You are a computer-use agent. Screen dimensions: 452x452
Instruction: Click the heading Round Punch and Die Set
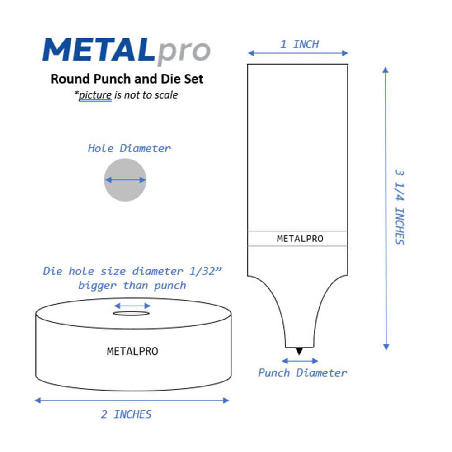(x=127, y=79)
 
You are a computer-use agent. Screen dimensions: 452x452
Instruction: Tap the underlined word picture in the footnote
(x=95, y=95)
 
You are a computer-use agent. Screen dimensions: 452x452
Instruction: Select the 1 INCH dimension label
(x=299, y=44)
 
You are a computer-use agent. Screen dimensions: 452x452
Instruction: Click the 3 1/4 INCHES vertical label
(x=400, y=207)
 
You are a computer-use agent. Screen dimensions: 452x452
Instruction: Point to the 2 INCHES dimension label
(x=126, y=414)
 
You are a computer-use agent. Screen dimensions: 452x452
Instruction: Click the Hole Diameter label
(x=129, y=148)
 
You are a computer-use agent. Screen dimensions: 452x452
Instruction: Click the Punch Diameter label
(x=302, y=373)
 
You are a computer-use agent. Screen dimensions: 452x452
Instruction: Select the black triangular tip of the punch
(x=299, y=351)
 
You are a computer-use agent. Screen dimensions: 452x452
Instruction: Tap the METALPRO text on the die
(x=132, y=351)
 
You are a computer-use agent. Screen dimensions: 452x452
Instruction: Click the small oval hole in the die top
(x=132, y=313)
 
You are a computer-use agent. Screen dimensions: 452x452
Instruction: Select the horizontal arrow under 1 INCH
(x=298, y=53)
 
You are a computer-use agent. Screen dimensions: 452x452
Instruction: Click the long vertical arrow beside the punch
(x=386, y=208)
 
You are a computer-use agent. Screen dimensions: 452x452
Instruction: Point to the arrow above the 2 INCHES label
(x=132, y=400)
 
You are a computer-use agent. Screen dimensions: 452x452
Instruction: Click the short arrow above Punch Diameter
(x=299, y=361)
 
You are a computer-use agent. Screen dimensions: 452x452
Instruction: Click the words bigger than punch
(x=132, y=286)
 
